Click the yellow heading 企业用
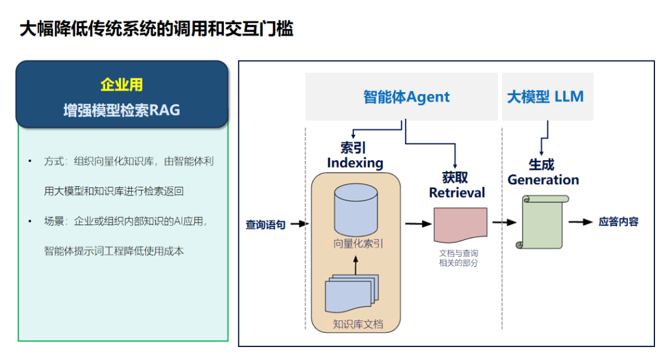121,85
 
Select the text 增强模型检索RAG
121,110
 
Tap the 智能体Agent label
406,97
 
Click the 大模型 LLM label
546,96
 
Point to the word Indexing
355,163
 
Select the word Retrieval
456,192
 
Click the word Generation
543,180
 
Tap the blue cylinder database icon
356,210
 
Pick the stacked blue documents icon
352,294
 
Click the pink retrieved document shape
461,225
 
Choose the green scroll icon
542,222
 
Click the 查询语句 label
265,225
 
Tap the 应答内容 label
619,221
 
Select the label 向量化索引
358,244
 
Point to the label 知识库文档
358,324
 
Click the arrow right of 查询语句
299,224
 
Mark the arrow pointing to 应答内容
581,222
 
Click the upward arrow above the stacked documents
356,265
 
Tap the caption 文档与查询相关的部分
458,258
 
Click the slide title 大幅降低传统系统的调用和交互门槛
156,29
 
